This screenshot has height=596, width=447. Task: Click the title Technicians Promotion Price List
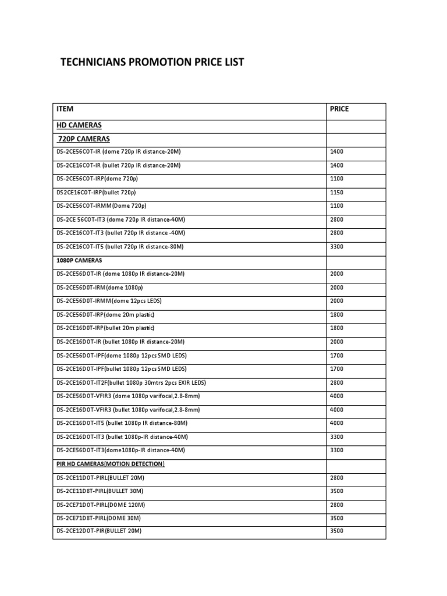(x=152, y=62)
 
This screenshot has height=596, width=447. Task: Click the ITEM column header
(x=65, y=109)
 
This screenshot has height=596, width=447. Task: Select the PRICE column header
(x=339, y=109)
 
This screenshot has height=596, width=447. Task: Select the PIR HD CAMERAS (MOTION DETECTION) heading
(x=111, y=464)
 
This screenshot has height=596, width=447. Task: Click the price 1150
(x=336, y=193)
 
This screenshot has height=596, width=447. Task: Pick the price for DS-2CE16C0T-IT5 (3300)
(x=336, y=247)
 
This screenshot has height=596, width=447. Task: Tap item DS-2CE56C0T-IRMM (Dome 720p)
(x=101, y=206)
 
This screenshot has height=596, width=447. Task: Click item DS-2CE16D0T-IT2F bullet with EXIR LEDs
(x=131, y=382)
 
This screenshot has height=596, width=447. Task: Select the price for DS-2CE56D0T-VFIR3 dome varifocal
(x=336, y=396)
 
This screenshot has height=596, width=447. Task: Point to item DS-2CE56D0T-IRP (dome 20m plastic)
(x=105, y=315)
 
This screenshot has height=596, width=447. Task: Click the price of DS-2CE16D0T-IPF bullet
(x=336, y=369)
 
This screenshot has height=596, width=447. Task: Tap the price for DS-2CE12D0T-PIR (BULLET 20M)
(x=336, y=531)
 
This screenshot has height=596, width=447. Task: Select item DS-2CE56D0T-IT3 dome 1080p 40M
(x=120, y=450)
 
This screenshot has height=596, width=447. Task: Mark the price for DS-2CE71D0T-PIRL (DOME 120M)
(x=336, y=505)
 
